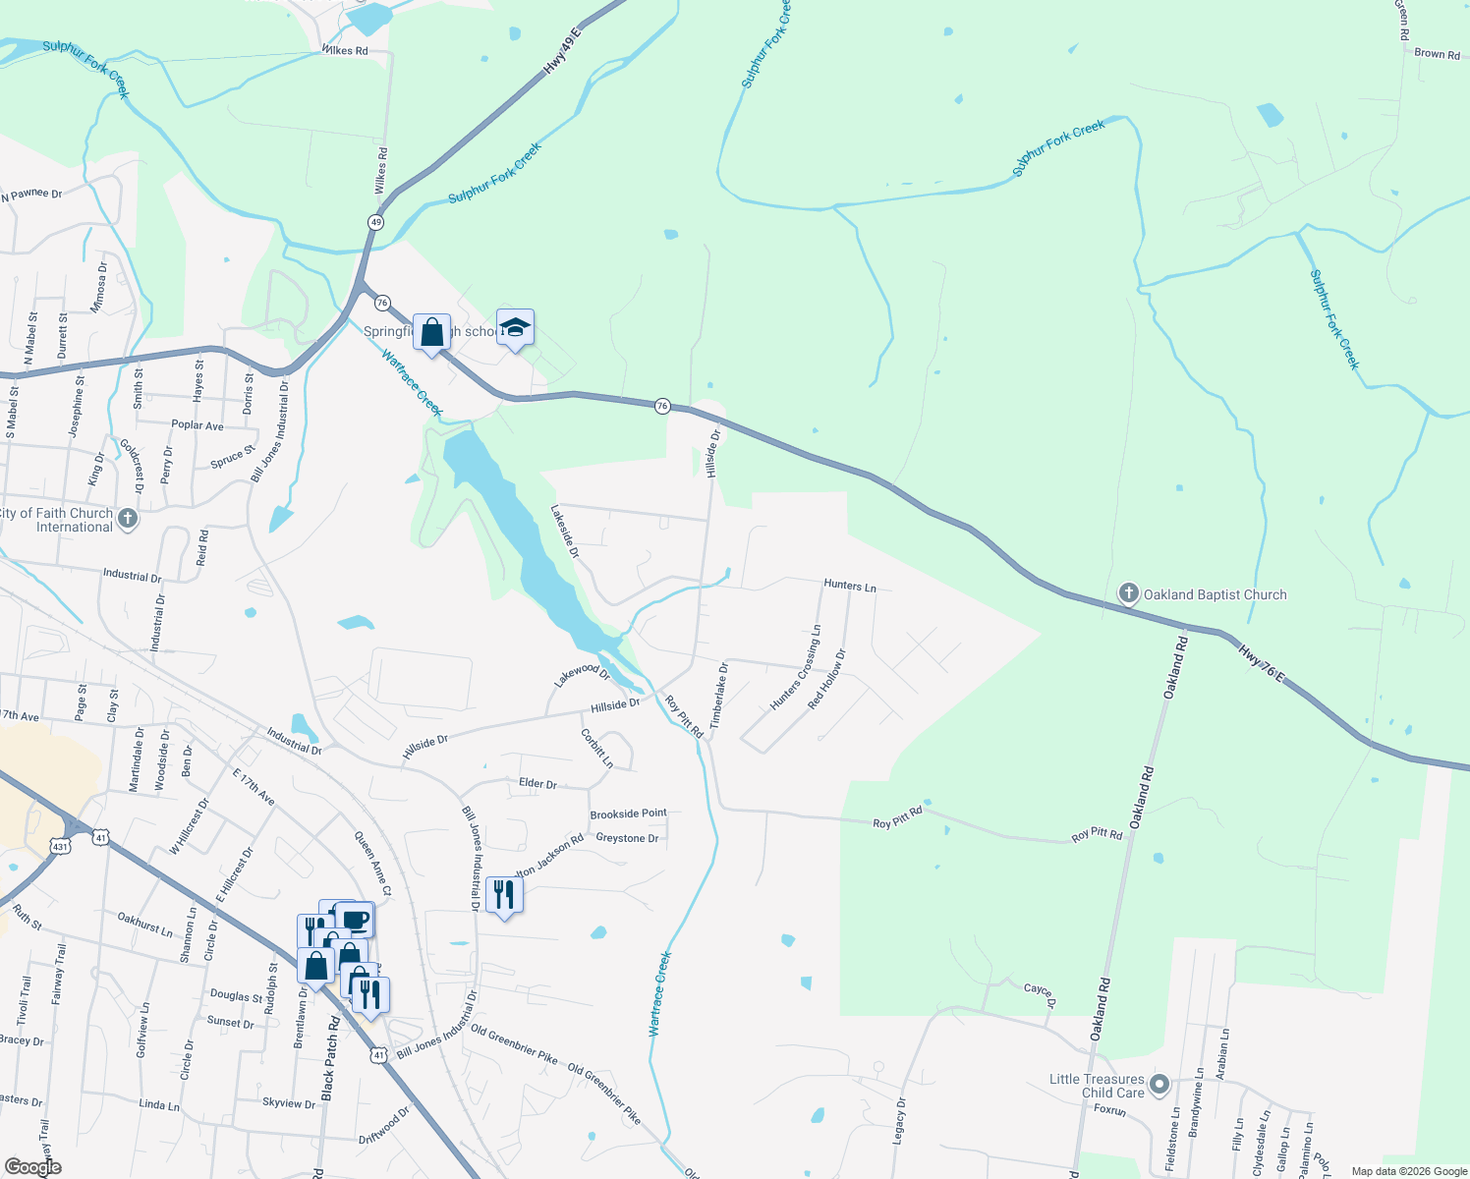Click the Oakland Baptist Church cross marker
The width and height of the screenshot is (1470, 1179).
pyautogui.click(x=1128, y=593)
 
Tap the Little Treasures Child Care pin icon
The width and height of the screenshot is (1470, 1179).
pyautogui.click(x=1159, y=1085)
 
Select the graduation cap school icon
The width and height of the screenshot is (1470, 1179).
pyautogui.click(x=515, y=328)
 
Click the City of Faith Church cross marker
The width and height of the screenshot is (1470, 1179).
pyautogui.click(x=127, y=519)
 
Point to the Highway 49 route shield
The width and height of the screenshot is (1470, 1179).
pyautogui.click(x=375, y=222)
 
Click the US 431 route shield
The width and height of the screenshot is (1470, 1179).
pyautogui.click(x=61, y=845)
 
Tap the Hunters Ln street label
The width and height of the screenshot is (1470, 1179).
pyautogui.click(x=849, y=586)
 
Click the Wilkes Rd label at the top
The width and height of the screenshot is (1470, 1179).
pyautogui.click(x=344, y=50)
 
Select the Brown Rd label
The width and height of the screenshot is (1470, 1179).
pyautogui.click(x=1437, y=54)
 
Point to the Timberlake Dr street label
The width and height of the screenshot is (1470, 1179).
pyautogui.click(x=720, y=695)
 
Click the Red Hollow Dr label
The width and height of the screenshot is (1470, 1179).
pyautogui.click(x=826, y=679)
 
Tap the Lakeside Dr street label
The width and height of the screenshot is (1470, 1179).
pyautogui.click(x=565, y=532)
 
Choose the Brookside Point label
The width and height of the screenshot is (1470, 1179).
pyautogui.click(x=628, y=814)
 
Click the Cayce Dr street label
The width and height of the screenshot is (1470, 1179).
pyautogui.click(x=1040, y=993)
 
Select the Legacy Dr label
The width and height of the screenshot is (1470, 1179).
pyautogui.click(x=899, y=1121)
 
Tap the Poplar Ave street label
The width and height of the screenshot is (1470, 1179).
pyautogui.click(x=198, y=425)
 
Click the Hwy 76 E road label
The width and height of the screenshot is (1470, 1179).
pyautogui.click(x=1260, y=663)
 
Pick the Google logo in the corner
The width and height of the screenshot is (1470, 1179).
pyautogui.click(x=32, y=1167)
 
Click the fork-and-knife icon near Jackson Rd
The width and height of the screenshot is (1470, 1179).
pyautogui.click(x=504, y=894)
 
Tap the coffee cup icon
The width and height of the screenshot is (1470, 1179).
pyautogui.click(x=356, y=920)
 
